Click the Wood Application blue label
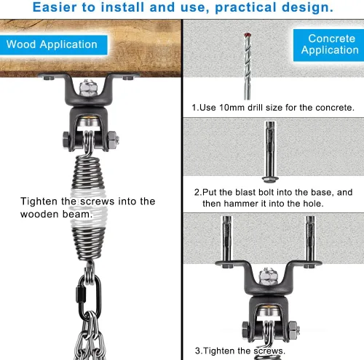coord(53,45)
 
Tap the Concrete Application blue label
coord(329,45)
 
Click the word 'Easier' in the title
coord(55,7)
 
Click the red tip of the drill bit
coord(248,35)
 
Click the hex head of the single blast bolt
coord(270,180)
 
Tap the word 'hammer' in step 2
coord(241,204)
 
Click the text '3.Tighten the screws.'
coord(240,351)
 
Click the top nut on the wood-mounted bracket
coord(88,87)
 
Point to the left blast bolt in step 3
coord(227,241)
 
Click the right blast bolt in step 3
coord(310,241)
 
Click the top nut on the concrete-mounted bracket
coord(268,276)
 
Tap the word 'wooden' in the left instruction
coord(39,215)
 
